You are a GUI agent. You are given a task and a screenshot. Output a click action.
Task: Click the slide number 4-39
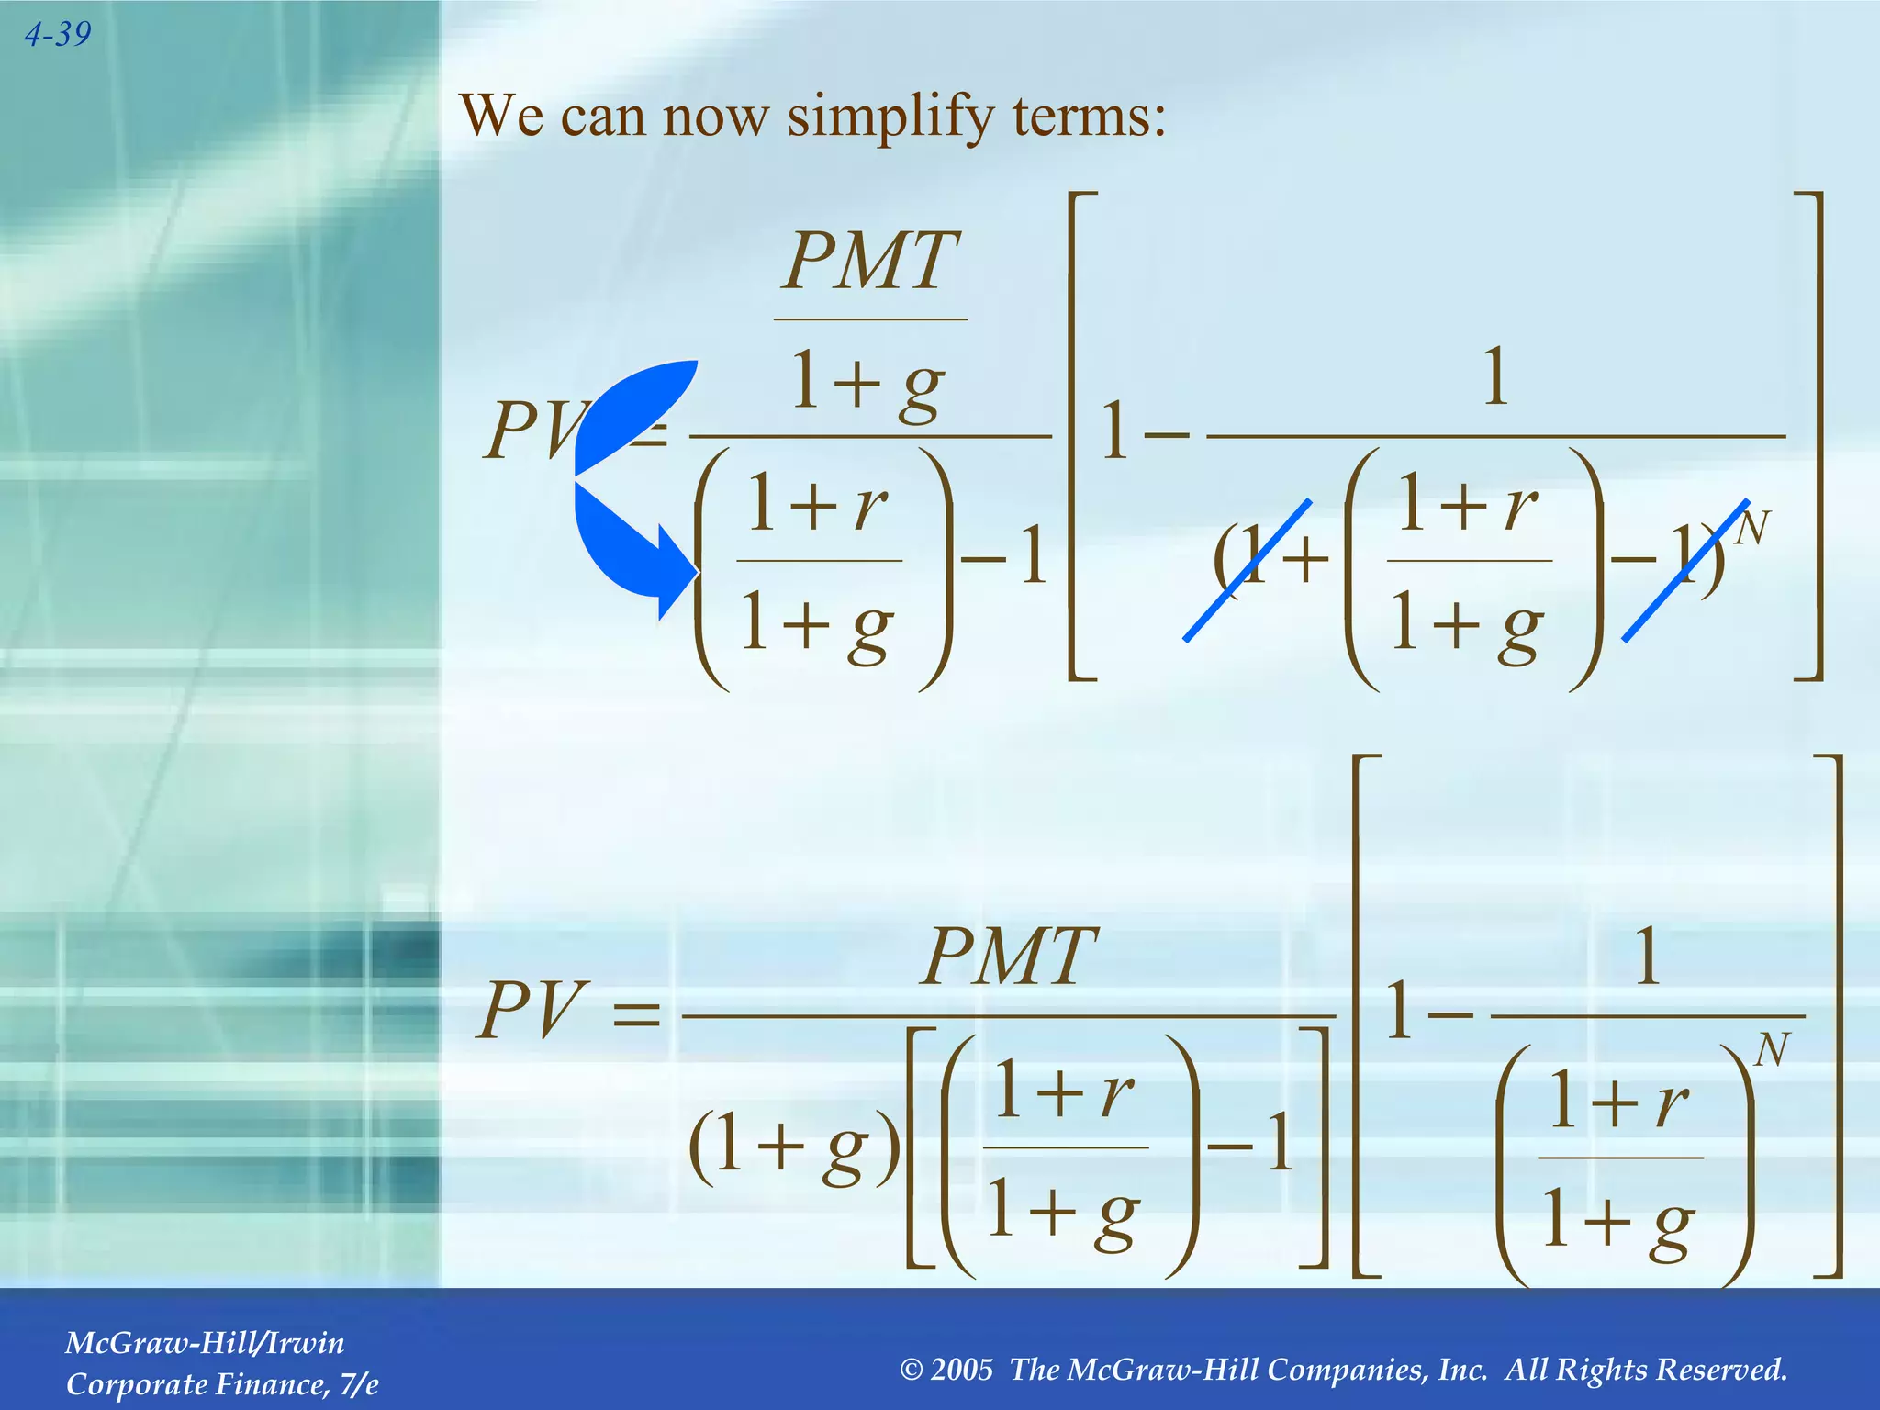pos(58,35)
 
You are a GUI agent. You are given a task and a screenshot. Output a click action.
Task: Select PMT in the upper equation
pos(870,262)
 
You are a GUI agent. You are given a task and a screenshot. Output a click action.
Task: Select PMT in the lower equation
pos(1008,957)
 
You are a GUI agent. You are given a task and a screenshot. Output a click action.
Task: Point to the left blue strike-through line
pos(1248,571)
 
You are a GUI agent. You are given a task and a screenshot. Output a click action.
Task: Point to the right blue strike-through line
pos(1685,571)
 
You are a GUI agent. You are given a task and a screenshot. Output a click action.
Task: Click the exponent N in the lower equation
pos(1772,1050)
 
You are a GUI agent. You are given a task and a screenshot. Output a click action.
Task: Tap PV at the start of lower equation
pos(529,1011)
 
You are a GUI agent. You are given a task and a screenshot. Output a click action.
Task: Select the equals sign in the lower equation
pos(635,1014)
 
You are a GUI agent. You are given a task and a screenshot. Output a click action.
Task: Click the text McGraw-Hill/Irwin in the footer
pos(205,1343)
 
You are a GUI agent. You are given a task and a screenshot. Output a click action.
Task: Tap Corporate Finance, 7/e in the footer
pos(222,1384)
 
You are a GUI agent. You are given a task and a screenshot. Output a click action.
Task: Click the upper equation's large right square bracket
pos(1810,436)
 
